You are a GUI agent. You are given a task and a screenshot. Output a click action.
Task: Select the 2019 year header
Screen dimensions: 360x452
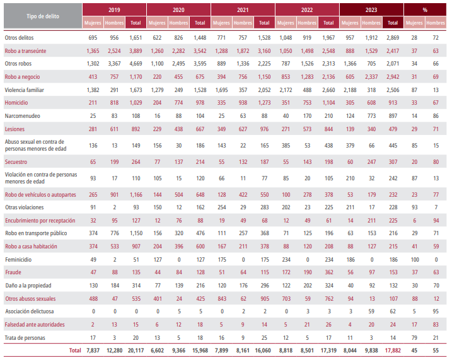[x=114, y=10]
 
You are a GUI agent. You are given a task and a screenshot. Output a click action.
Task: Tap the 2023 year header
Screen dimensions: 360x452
[x=371, y=10]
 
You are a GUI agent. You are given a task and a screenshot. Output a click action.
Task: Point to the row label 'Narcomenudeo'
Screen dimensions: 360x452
[x=23, y=115]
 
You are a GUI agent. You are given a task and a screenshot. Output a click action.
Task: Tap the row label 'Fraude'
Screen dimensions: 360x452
[x=14, y=272]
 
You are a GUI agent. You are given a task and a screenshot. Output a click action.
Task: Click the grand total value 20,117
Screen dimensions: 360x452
[x=135, y=349]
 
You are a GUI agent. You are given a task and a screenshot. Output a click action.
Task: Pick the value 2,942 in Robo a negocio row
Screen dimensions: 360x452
[x=392, y=77]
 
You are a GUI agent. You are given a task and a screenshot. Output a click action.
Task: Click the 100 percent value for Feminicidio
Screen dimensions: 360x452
[x=414, y=259]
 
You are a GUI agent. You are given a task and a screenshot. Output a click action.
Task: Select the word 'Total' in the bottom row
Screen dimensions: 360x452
[x=74, y=349]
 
